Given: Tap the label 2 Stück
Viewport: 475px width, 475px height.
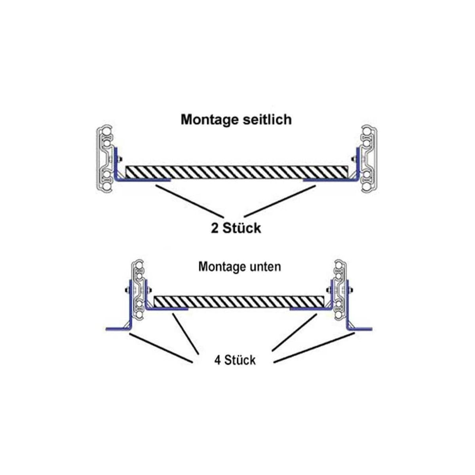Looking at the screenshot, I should point(236,228).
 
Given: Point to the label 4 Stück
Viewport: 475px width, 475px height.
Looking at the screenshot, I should point(235,360).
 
